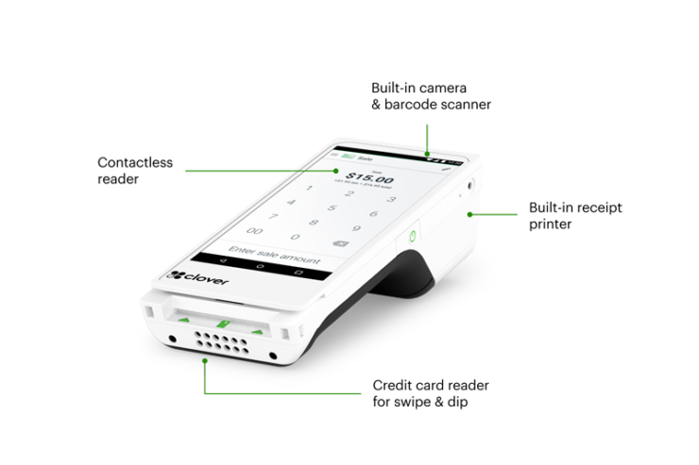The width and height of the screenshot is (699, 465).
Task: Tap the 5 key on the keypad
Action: [x=331, y=208]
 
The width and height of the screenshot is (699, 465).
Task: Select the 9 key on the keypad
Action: [x=357, y=227]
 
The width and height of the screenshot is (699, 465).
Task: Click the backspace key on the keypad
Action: [x=342, y=242]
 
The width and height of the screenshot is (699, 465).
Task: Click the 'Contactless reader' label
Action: [x=135, y=171]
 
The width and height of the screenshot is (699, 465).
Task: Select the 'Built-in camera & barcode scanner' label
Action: [x=431, y=96]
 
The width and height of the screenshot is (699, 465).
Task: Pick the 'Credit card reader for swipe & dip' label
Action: [x=431, y=393]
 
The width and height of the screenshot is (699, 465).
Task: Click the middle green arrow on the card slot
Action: [x=224, y=324]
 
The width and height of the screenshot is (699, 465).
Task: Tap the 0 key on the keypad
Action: [x=295, y=237]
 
